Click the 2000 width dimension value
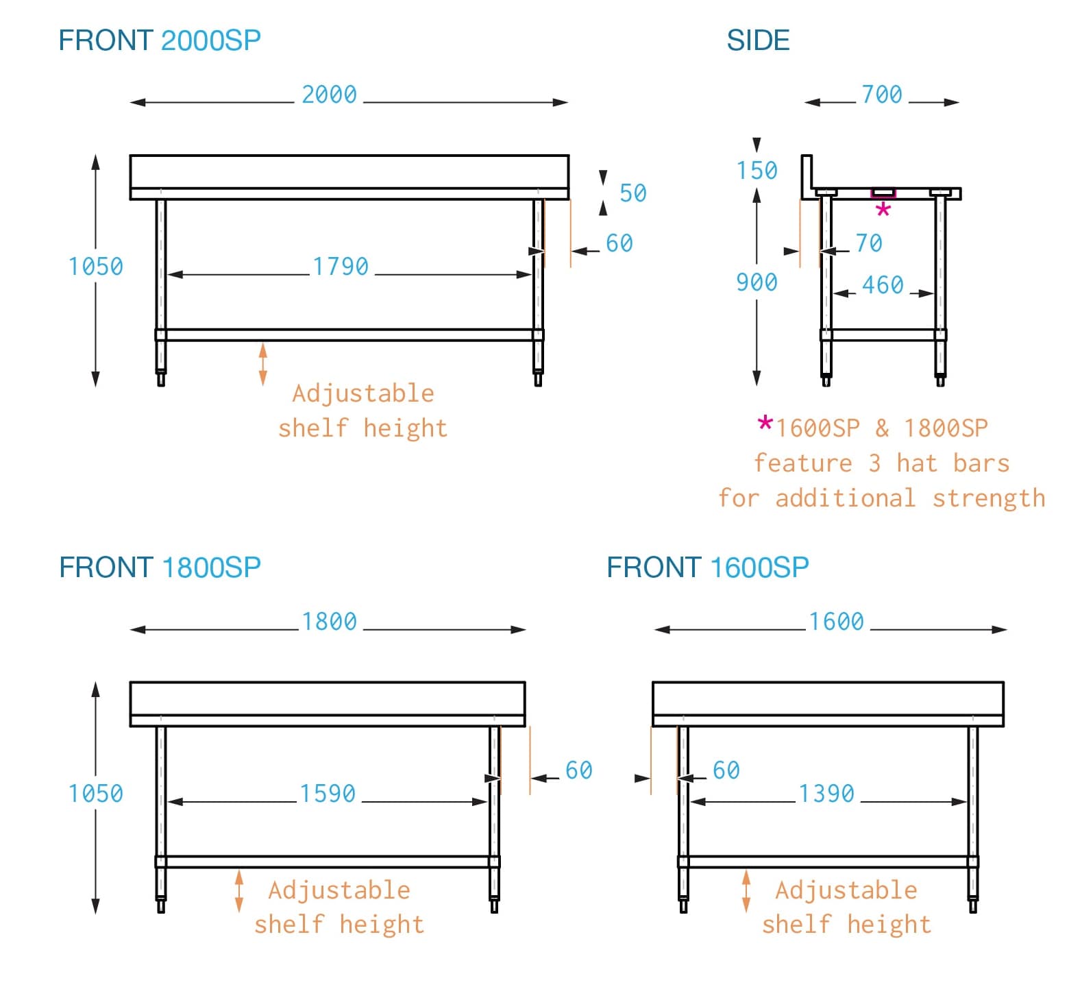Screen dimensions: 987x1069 329,95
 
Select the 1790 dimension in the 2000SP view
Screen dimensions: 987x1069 341,266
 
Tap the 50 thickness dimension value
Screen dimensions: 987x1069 632,193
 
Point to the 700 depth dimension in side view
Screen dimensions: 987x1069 881,95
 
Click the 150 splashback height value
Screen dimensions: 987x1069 757,170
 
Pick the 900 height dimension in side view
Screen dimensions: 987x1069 757,282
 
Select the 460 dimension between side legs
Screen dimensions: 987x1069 883,285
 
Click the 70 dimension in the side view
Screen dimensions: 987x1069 869,243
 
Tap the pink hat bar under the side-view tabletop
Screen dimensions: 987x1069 883,193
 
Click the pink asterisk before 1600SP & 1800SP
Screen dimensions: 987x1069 765,424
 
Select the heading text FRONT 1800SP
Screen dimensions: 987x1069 160,568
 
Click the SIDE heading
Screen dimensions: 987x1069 758,40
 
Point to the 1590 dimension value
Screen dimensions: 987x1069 328,794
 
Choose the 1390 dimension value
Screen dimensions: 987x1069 826,794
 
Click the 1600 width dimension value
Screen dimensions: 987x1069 836,622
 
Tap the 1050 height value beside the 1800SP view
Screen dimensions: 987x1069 95,794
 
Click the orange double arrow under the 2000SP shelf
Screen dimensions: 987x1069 262,364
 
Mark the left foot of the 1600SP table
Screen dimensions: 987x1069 683,905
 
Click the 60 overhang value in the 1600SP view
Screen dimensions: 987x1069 726,770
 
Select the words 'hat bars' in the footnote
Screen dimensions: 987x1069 953,463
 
